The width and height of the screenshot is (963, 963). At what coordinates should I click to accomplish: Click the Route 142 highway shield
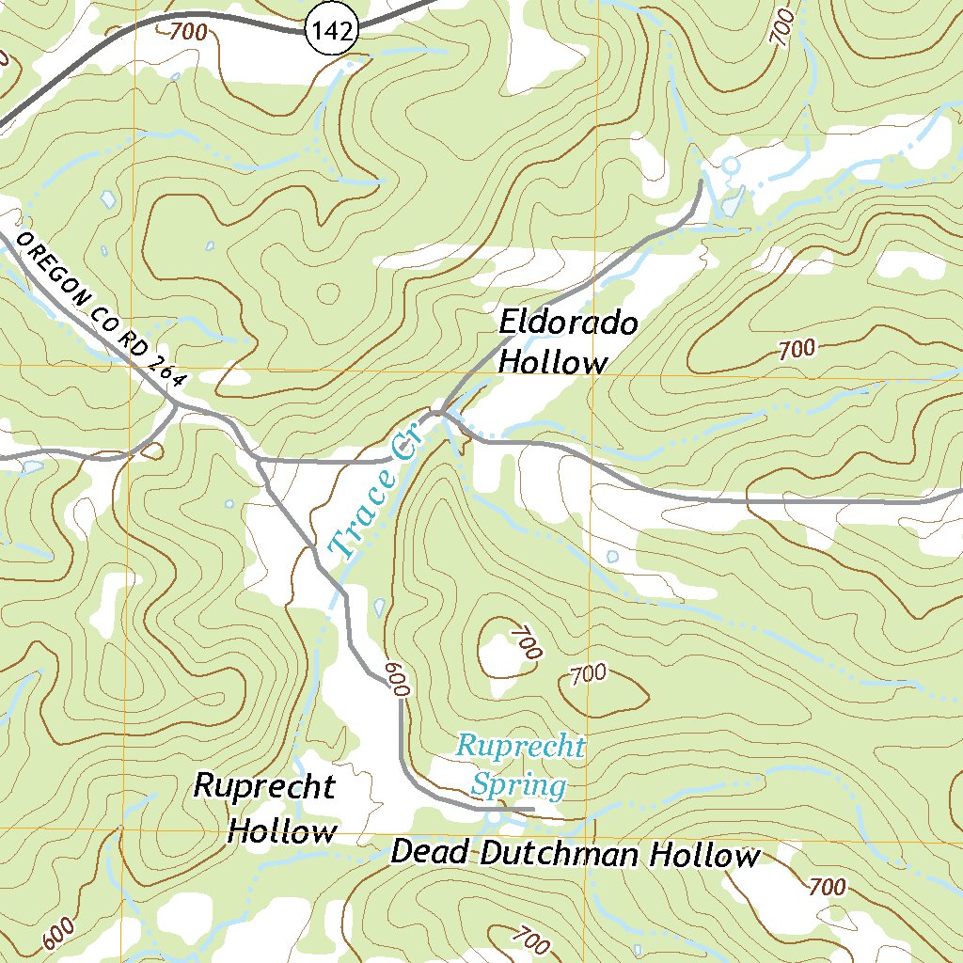point(333,32)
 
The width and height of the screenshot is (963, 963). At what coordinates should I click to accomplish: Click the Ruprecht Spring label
point(520,766)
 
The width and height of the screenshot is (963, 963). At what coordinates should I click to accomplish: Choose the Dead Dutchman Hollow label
point(574,854)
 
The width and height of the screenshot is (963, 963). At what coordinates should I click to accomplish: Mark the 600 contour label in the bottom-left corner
point(56,934)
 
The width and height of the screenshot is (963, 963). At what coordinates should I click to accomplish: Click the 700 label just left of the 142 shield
point(188,31)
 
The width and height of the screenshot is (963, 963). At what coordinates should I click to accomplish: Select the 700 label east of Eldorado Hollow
point(797,350)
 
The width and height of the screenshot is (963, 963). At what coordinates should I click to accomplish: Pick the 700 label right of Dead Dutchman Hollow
point(827,886)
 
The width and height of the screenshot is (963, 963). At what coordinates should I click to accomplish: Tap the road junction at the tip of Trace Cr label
point(438,412)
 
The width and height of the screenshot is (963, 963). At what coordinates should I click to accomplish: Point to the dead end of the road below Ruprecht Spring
point(533,808)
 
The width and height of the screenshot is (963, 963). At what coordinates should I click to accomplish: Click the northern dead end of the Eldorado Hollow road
point(701,181)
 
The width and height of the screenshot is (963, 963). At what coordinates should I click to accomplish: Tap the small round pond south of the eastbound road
point(612,556)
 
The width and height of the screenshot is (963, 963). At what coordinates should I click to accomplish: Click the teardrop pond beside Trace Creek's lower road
point(379,607)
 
